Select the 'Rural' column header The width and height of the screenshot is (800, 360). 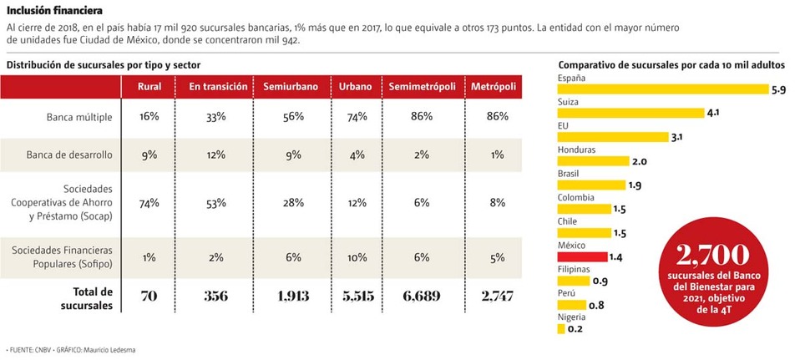149,87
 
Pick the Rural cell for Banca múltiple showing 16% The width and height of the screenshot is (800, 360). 149,117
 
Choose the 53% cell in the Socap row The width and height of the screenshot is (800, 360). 215,202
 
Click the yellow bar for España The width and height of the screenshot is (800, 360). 663,89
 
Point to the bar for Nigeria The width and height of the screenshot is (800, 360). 560,329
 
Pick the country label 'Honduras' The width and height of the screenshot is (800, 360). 576,150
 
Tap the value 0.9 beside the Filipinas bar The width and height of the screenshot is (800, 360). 599,281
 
